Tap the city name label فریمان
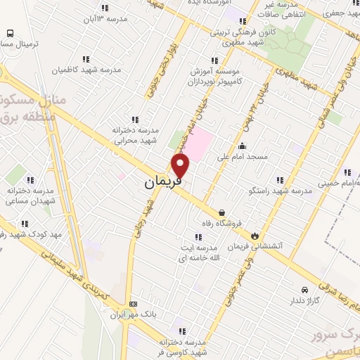coord(162,183)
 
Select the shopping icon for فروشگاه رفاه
coord(222,212)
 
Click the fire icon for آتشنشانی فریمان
coord(254,236)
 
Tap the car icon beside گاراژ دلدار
coord(304,290)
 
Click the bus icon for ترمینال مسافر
coord(11,33)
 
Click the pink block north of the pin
coord(200,139)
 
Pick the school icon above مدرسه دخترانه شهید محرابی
coord(136,120)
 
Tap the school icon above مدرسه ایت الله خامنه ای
coord(196,236)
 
